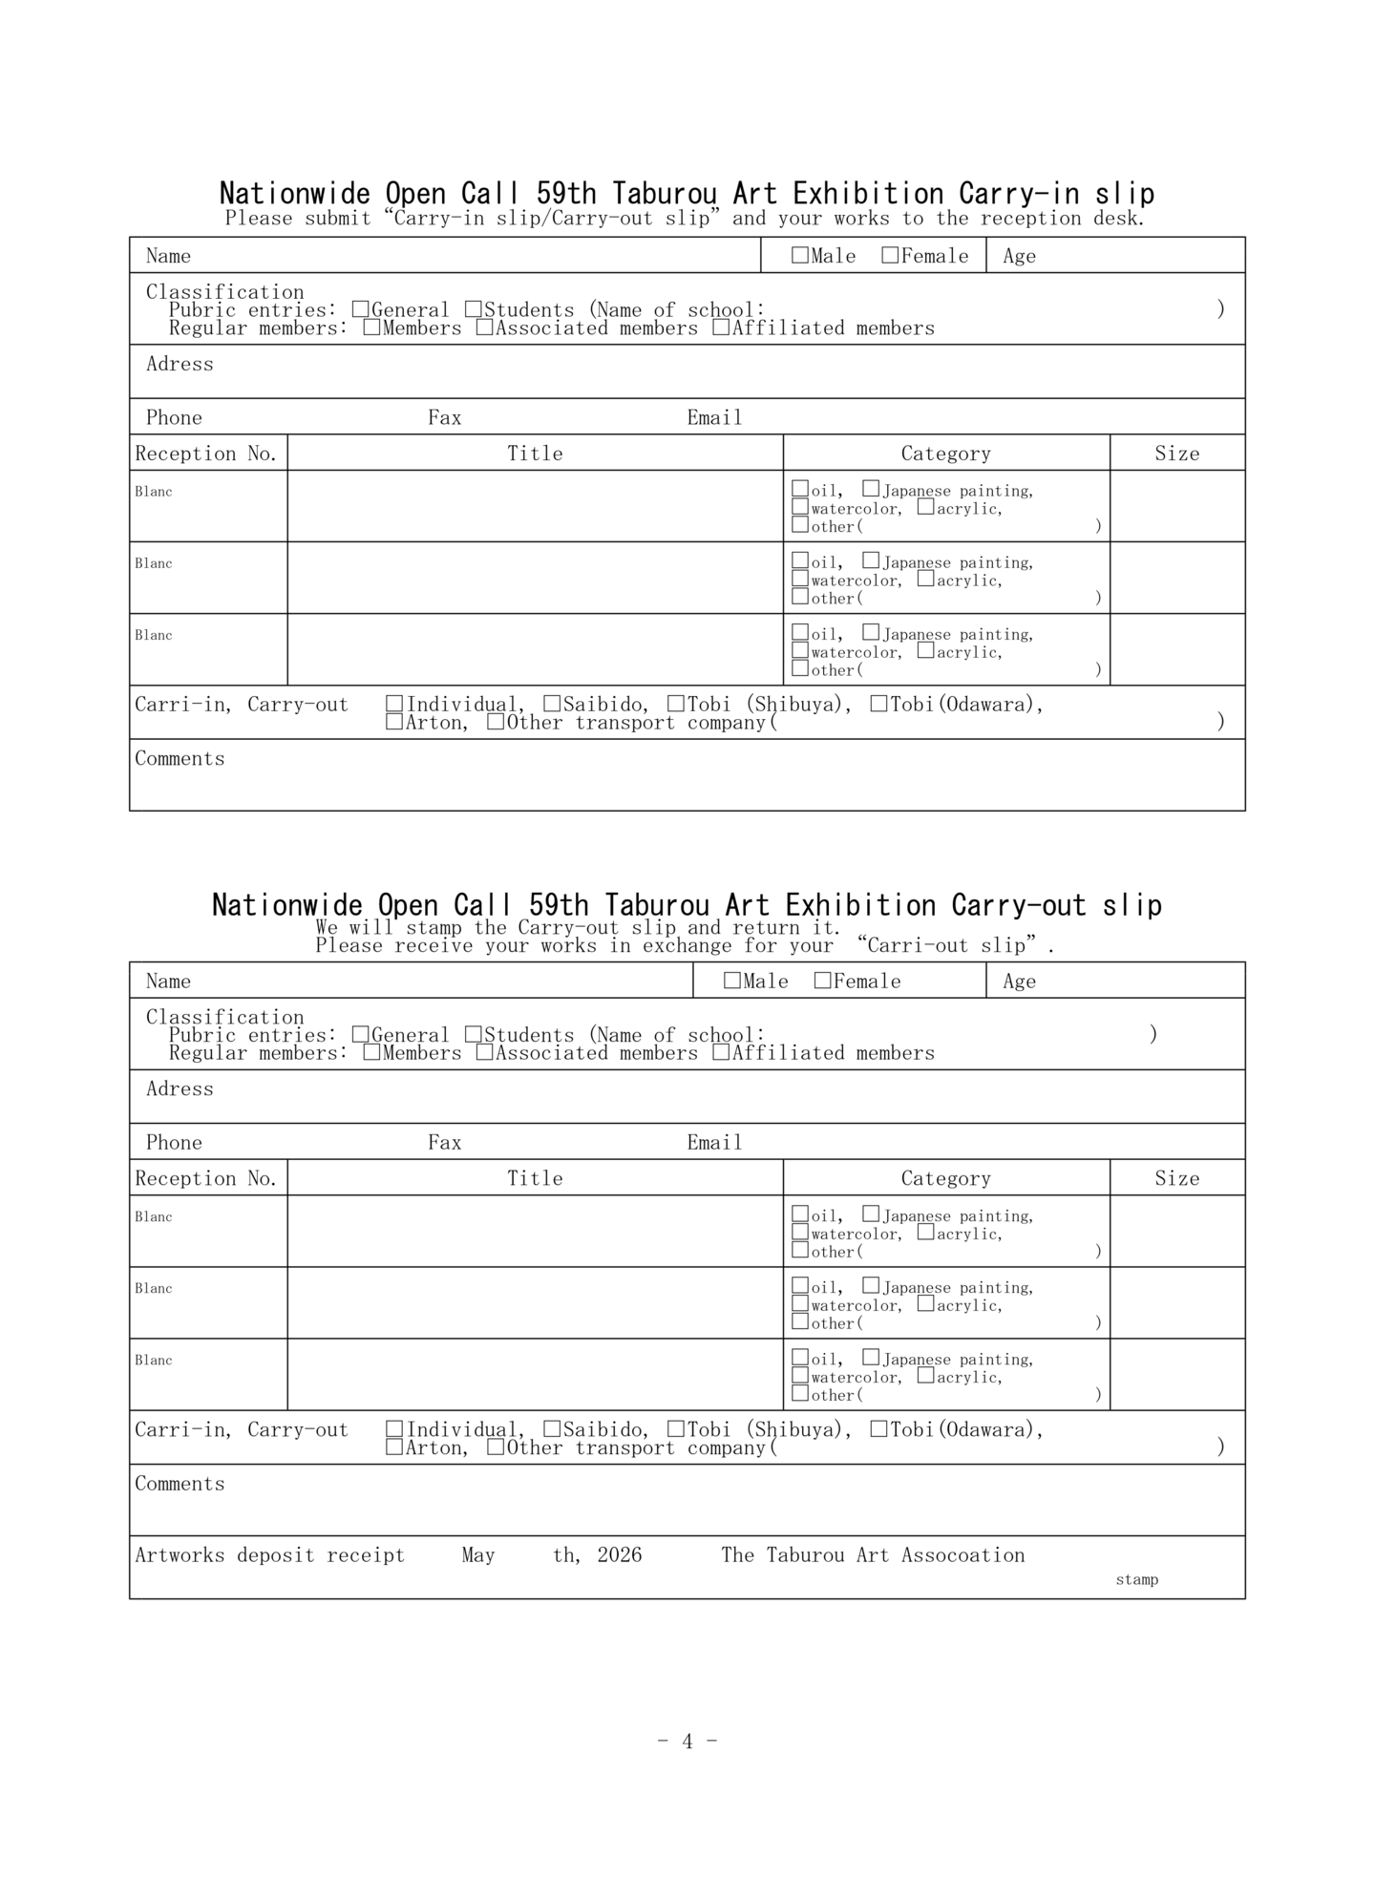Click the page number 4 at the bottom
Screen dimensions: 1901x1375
[687, 1741]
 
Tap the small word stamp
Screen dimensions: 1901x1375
[1136, 1580]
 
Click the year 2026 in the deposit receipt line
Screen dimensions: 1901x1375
[620, 1555]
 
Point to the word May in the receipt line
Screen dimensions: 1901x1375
[478, 1555]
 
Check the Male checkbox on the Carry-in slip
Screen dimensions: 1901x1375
[800, 255]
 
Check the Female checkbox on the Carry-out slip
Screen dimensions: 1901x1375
[822, 981]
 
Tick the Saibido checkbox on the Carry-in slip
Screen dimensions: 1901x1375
[552, 704]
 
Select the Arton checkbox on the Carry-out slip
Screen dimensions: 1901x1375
[394, 1447]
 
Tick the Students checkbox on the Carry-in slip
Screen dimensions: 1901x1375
[474, 309]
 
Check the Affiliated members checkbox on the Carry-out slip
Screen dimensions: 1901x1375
[722, 1052]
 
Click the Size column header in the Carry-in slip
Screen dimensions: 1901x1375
[1176, 454]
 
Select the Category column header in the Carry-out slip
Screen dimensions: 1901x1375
[945, 1178]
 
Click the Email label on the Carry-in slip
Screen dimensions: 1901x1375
[714, 417]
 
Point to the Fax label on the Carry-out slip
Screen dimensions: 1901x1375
[444, 1142]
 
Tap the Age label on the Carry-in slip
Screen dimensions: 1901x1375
[1019, 256]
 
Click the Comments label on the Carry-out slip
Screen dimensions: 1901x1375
[180, 1483]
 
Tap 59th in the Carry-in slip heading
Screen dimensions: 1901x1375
[565, 194]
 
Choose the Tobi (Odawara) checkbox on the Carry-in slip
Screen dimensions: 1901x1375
[878, 704]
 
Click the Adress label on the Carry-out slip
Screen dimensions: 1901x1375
[180, 1088]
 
